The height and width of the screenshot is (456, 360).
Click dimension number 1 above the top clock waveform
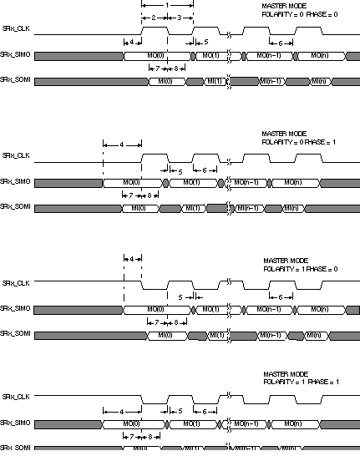pos(168,5)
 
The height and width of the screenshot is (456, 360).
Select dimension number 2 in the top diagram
pos(154,17)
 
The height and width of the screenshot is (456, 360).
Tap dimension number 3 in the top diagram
pos(180,17)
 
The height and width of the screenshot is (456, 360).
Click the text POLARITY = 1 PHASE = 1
pos(297,382)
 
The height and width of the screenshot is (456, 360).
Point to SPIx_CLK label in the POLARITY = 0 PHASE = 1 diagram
pos(18,156)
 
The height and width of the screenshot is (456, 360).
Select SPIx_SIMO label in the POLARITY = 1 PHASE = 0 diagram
pos(18,309)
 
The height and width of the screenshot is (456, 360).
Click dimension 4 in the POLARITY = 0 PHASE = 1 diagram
pos(123,144)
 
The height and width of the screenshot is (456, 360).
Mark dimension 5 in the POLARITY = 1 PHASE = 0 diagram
pos(180,296)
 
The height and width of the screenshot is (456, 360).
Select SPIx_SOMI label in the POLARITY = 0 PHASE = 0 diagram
pos(18,79)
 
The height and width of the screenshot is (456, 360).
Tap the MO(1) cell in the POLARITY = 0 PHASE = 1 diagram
pos(191,182)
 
